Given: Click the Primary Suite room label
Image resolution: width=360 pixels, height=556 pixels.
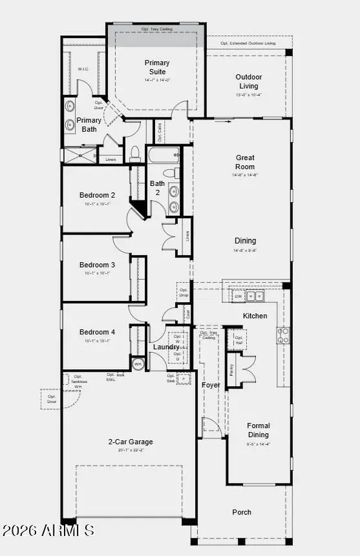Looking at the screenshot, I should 156,67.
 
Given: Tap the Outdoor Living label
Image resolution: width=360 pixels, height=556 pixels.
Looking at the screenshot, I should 248,81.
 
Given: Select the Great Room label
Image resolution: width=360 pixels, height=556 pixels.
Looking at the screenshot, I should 245,161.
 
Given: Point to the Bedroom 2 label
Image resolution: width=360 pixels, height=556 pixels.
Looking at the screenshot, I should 97,195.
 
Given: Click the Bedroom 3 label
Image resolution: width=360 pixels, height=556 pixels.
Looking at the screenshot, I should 97,265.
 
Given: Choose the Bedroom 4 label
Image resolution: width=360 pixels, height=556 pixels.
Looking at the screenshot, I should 97,332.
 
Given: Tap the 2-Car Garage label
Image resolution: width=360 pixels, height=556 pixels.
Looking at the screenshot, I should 131,442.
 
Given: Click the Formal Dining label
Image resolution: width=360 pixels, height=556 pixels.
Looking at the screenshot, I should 259,430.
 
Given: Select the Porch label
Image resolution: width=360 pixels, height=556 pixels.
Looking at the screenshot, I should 242,512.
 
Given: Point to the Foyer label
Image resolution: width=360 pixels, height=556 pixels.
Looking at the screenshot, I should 211,386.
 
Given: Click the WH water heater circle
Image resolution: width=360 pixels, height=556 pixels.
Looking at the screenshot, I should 138,364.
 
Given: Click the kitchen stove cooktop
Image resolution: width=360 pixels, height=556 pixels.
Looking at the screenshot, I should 283,335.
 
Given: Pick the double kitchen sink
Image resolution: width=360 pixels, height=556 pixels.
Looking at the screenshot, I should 255,296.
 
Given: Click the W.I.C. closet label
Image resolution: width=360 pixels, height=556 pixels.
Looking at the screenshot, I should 83,69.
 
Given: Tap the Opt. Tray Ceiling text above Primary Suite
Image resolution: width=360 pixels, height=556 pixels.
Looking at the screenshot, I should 156,29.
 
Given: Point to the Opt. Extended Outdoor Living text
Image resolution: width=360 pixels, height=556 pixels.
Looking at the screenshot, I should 248,43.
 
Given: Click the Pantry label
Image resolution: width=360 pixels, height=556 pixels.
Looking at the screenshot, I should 231,369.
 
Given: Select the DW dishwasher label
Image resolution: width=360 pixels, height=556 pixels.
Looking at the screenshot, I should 238,296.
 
